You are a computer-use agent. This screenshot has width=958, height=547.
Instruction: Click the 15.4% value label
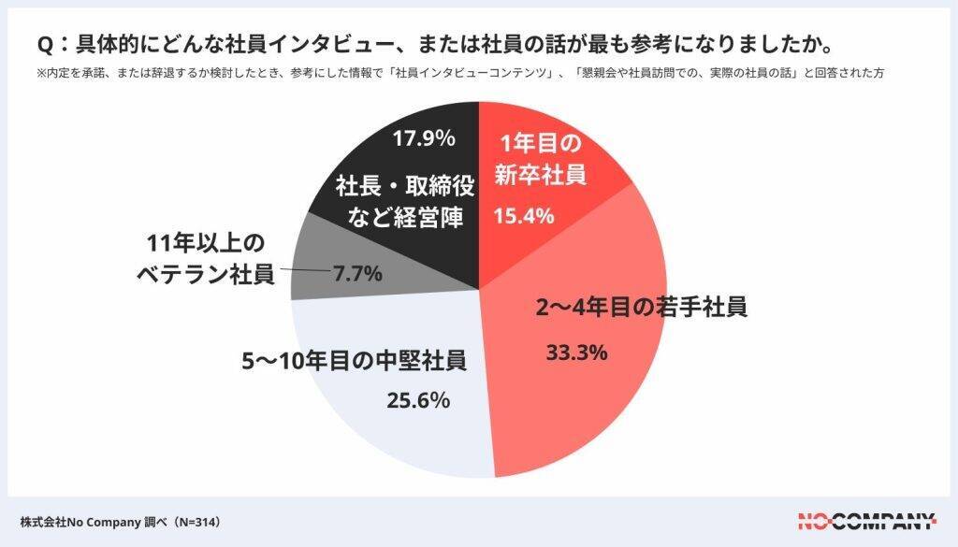(x=524, y=216)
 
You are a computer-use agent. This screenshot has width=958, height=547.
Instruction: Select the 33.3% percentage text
(x=576, y=353)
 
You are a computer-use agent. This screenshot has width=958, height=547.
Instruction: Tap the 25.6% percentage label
(x=418, y=401)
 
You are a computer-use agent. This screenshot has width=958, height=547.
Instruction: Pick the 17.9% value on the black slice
(x=424, y=139)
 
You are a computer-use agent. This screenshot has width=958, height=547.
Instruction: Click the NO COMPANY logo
(x=866, y=521)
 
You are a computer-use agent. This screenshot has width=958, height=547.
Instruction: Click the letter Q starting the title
(x=43, y=46)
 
